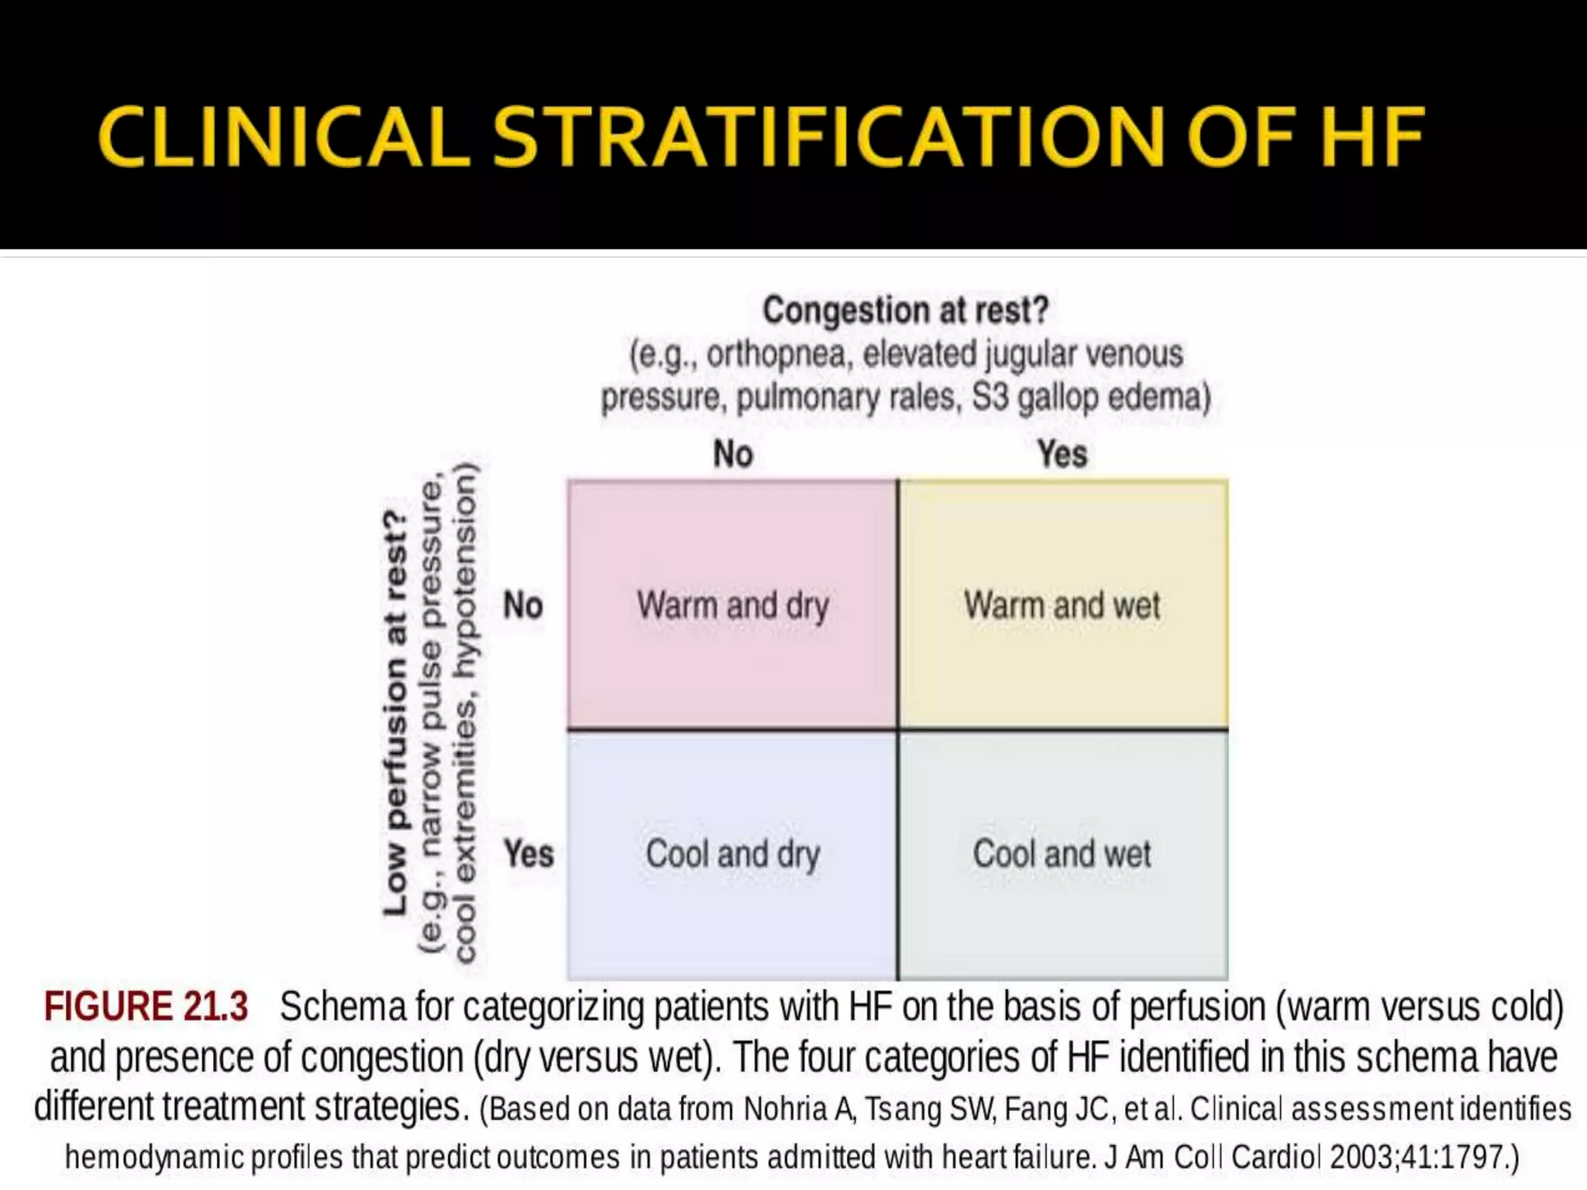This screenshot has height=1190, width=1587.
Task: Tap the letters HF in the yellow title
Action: point(1372,137)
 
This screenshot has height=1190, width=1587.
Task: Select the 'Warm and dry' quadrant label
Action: point(732,605)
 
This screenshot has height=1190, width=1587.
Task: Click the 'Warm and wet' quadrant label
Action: point(1062,605)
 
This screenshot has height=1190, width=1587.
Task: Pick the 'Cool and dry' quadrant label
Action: point(732,854)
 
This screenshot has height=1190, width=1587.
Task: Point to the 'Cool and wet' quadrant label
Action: point(1062,854)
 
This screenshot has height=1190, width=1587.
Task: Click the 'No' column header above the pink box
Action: point(732,454)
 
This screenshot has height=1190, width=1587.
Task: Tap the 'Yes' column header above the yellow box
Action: point(1062,454)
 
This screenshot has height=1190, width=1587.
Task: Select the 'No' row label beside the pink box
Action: point(522,605)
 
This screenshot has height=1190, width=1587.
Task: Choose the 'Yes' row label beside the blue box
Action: point(528,854)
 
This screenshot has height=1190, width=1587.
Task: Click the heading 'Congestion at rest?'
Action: point(905,311)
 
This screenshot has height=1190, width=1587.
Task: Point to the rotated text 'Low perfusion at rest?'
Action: point(395,713)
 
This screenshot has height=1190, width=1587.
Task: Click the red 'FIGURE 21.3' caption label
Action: point(146,1007)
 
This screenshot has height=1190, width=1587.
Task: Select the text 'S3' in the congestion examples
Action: point(990,397)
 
